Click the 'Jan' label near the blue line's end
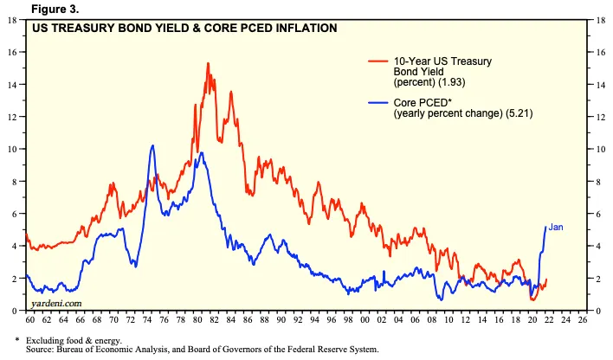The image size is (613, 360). [x=557, y=228]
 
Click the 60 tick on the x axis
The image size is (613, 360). [x=31, y=319]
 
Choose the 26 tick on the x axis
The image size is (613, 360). [x=582, y=319]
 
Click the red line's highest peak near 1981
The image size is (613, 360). [x=208, y=63]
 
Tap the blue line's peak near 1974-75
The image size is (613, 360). [x=152, y=145]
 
